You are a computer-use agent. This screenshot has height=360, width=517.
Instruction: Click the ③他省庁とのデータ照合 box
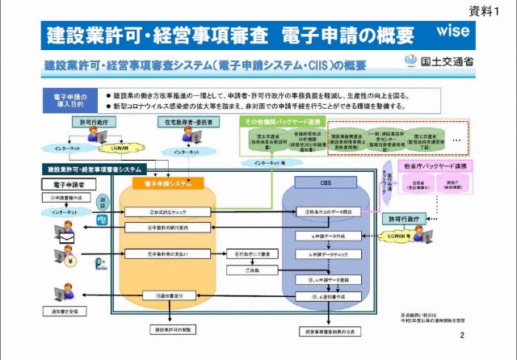[322, 211]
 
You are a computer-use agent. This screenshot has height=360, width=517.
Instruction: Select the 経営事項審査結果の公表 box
[325, 331]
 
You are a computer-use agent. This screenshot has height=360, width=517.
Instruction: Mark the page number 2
[462, 334]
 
